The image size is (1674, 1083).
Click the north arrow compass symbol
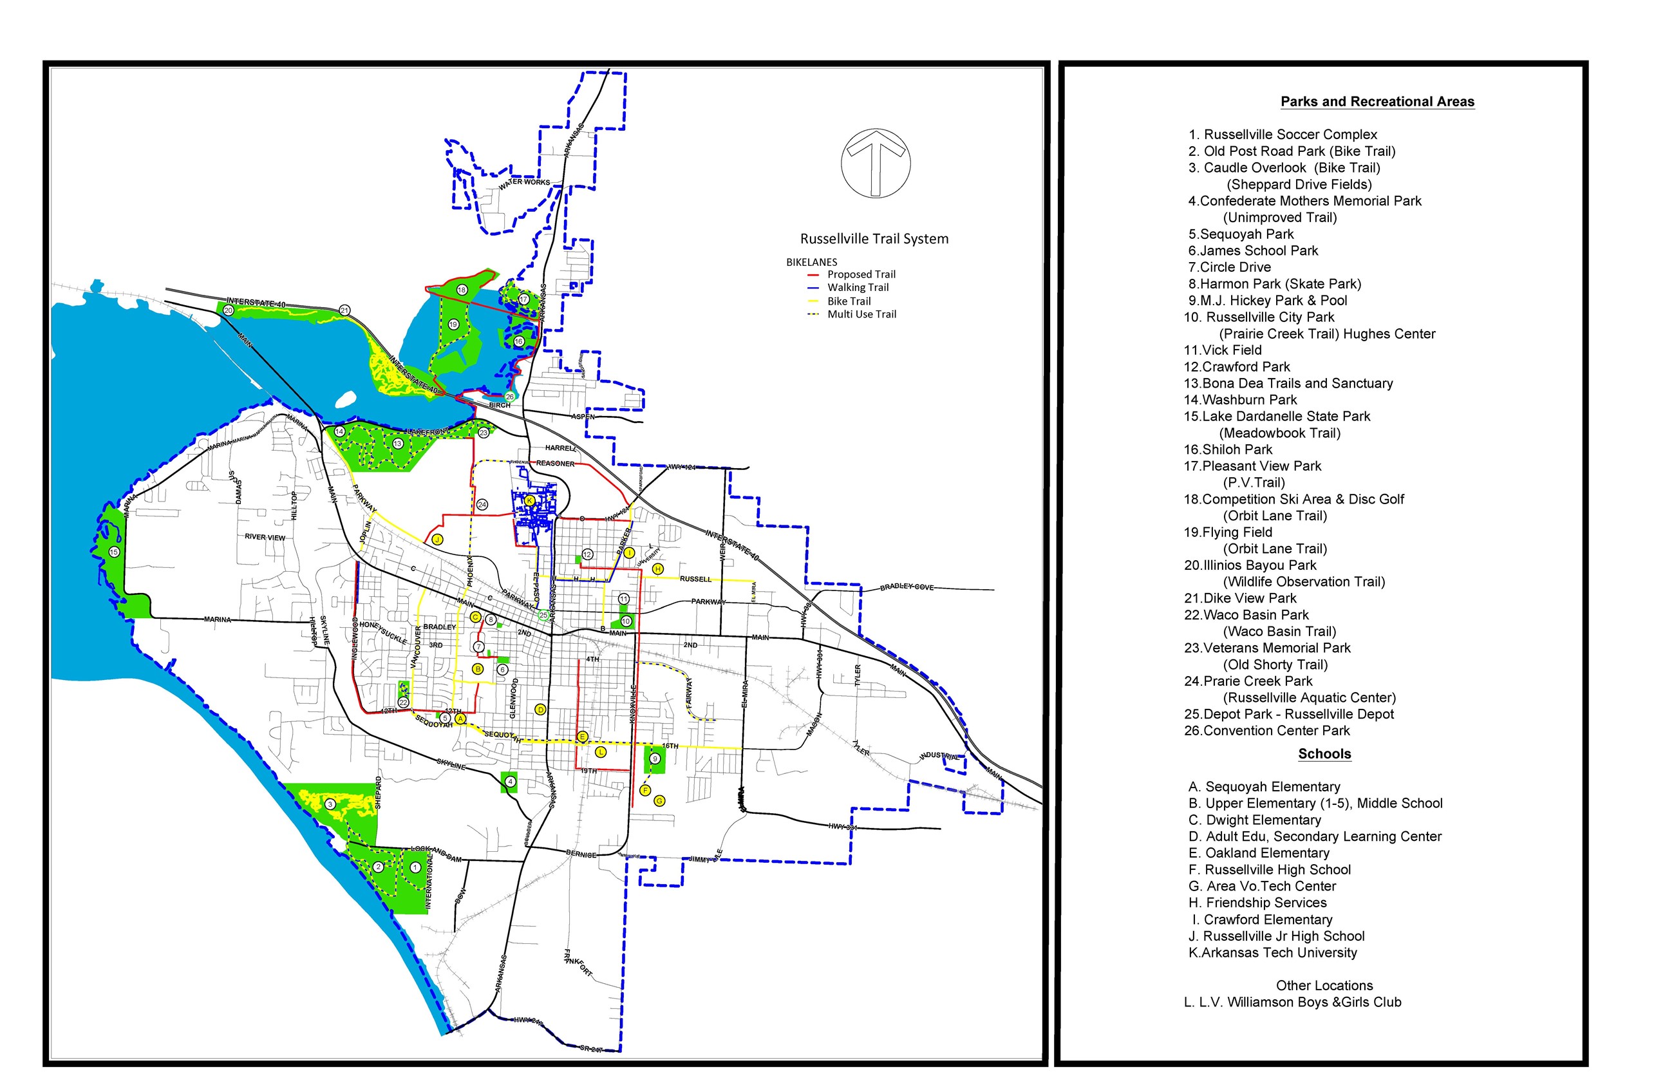pos(876,163)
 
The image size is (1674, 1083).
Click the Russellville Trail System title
pos(874,239)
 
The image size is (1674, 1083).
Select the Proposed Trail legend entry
pos(861,274)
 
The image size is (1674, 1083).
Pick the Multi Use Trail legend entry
pos(861,314)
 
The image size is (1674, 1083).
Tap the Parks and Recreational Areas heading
pos(1377,101)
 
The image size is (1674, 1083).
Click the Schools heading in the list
pos(1324,754)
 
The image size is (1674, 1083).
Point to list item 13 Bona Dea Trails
pos(1287,383)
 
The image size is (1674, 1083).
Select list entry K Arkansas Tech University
pos(1272,953)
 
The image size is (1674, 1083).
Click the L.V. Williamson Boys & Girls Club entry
pos(1292,1002)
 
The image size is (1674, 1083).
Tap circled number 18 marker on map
pos(462,290)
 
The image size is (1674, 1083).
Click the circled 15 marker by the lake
pos(114,552)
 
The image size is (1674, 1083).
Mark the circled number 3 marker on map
pos(330,804)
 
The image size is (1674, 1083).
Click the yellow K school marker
pos(530,501)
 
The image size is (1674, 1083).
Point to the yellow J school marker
pos(437,540)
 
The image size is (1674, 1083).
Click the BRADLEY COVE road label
pos(907,587)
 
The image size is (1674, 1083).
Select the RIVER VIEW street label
pos(265,537)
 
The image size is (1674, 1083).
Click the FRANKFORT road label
pos(578,962)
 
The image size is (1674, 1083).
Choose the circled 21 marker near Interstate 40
pos(344,310)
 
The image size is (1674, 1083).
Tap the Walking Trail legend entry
pos(857,288)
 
